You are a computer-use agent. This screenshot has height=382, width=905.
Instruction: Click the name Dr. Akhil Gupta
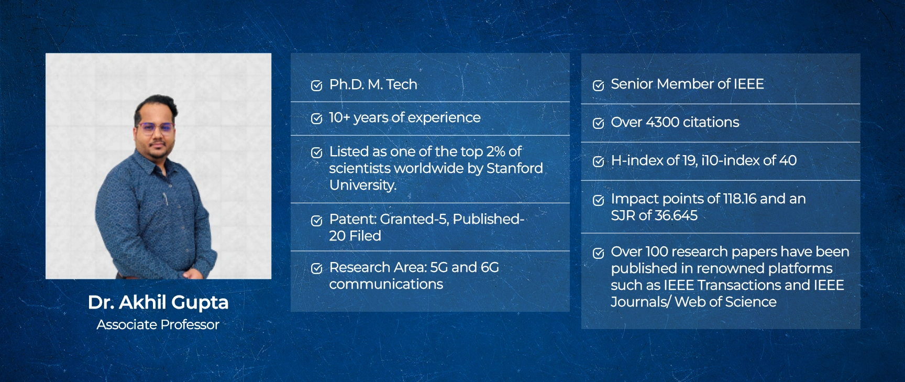[158, 302]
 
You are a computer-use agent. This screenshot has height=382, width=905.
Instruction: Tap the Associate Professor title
[158, 325]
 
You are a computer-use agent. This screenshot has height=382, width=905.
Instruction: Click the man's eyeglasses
[155, 127]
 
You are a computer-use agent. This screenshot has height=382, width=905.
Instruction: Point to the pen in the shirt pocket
[165, 199]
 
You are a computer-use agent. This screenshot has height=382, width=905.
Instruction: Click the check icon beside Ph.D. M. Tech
[316, 85]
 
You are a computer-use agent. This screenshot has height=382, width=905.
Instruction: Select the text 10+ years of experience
[404, 118]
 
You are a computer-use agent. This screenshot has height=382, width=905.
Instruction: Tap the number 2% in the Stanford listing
[495, 151]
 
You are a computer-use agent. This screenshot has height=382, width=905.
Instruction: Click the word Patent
[352, 219]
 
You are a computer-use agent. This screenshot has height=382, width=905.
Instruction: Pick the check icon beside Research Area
[316, 269]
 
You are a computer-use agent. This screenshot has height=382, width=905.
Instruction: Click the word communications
[386, 284]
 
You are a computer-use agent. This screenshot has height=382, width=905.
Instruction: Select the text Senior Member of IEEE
[687, 84]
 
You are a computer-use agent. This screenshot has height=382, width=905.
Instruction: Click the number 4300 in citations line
[663, 122]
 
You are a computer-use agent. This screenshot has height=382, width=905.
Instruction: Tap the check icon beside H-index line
[598, 161]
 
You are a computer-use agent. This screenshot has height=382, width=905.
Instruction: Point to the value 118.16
[740, 199]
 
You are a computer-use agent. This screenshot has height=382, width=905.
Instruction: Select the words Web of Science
[725, 302]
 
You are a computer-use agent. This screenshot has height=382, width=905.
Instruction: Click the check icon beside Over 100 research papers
[598, 253]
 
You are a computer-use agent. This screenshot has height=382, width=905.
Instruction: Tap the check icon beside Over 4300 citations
[598, 123]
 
